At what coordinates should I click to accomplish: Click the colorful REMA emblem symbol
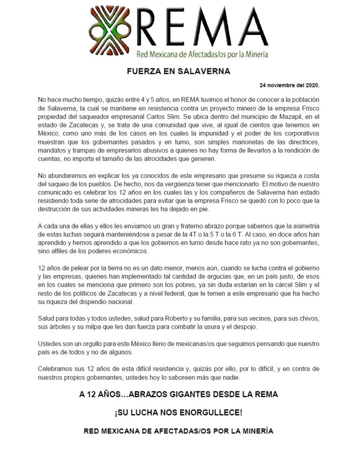110,29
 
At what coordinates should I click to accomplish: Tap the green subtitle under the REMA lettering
202,54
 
